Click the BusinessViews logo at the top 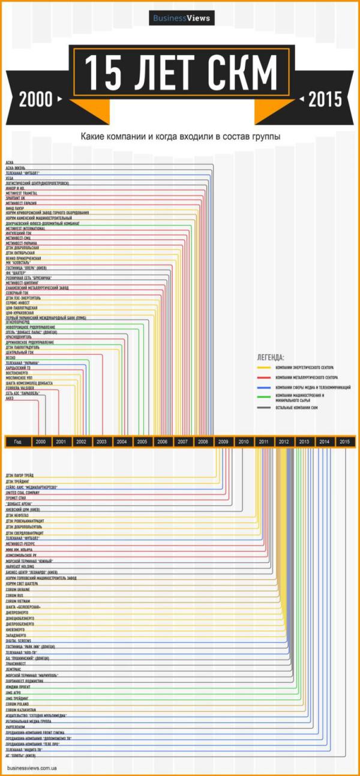[181, 18]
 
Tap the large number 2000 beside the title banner [36, 100]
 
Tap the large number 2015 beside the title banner [325, 100]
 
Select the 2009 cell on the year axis [223, 442]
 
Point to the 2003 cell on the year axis [101, 442]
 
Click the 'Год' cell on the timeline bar [18, 442]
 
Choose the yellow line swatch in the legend [262, 367]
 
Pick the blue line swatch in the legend [262, 388]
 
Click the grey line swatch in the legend [262, 408]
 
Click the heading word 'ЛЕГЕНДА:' [271, 356]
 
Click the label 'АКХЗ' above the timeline [10, 398]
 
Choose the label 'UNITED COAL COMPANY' [23, 492]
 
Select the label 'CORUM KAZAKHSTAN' [22, 709]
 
